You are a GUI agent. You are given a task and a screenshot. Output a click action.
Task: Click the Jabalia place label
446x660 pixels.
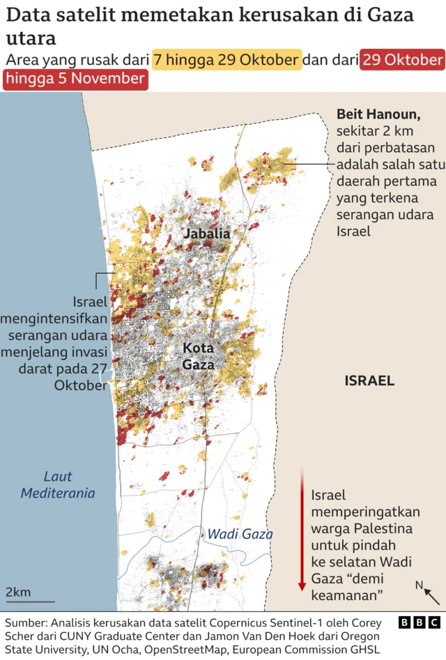click(x=206, y=233)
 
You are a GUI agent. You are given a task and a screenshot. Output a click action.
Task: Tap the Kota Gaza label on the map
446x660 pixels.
click(x=198, y=355)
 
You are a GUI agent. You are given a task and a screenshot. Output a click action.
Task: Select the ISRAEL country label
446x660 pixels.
click(x=369, y=381)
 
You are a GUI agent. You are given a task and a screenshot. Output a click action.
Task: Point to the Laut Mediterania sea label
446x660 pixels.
click(x=57, y=485)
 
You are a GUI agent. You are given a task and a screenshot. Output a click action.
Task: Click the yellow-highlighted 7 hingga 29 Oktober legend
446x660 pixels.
click(x=227, y=61)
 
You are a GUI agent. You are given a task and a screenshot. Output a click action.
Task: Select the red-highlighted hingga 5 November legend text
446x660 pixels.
click(x=75, y=79)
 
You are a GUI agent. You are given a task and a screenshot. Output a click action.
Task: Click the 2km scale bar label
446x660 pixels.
click(x=18, y=592)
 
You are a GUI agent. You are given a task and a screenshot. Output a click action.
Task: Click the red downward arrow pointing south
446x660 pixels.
click(x=302, y=530)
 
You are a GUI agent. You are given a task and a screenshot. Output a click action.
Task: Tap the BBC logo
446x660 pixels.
click(x=420, y=622)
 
